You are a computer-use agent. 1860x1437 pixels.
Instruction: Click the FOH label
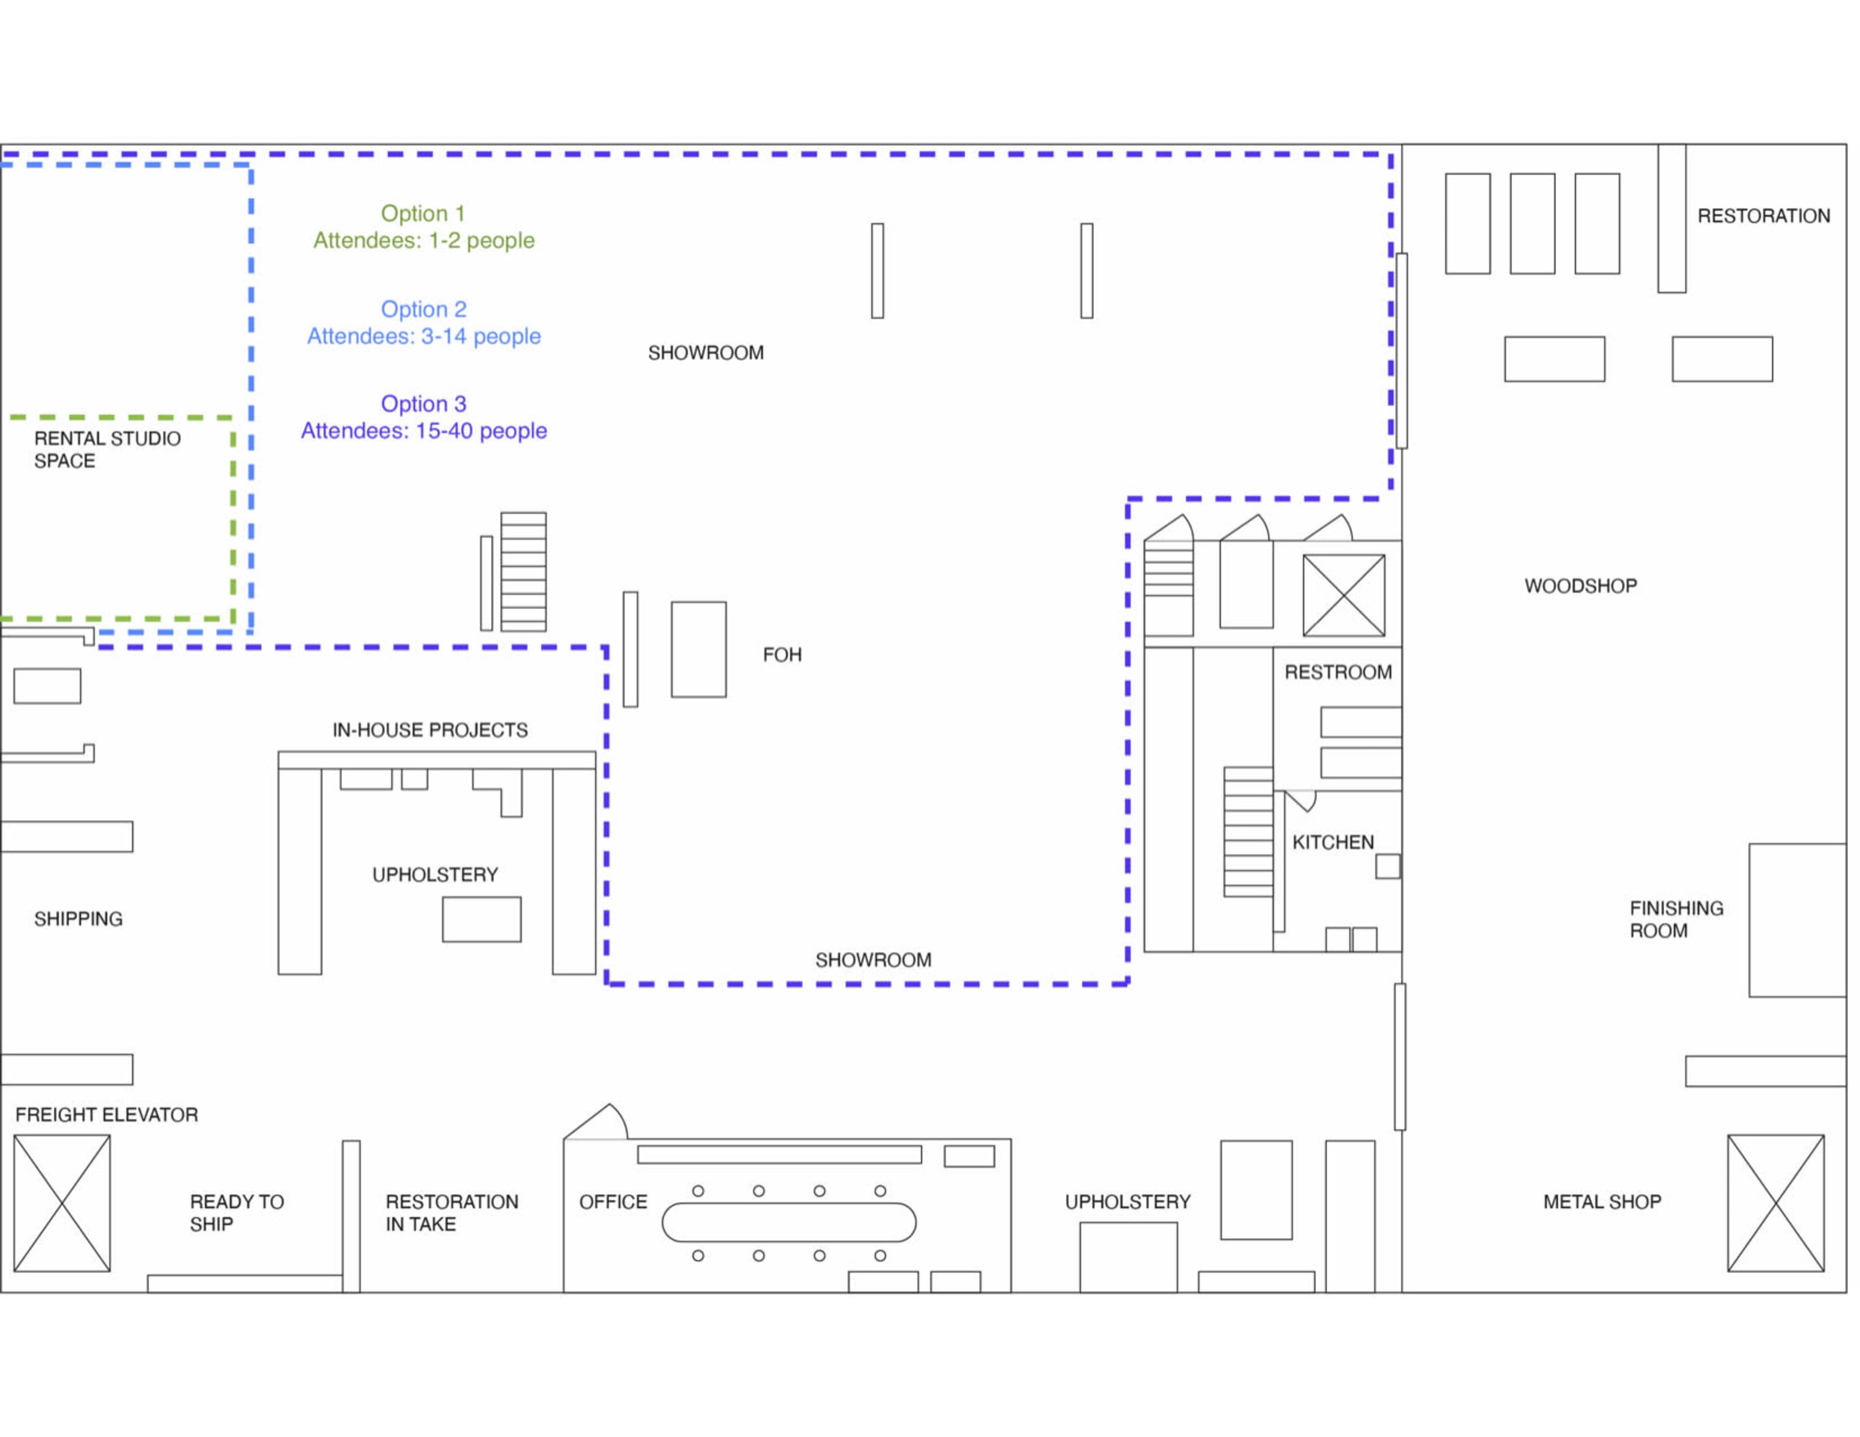coord(782,654)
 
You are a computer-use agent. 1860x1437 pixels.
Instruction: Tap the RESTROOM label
coord(1338,672)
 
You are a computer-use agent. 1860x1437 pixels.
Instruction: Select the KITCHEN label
coord(1333,842)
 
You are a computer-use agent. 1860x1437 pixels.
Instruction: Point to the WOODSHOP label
coord(1581,585)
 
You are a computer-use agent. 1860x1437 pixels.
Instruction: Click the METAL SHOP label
coord(1602,1201)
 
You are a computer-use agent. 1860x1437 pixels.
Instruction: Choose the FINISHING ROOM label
coord(1676,919)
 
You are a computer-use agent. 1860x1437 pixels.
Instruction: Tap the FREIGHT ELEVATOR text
coord(107,1114)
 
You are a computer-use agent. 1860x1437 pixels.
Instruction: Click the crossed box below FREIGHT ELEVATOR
coord(62,1203)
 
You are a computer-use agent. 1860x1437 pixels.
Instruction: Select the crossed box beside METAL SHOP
coord(1776,1203)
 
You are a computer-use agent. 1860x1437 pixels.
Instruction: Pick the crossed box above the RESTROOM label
coord(1344,595)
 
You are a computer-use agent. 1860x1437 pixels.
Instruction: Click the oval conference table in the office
coord(789,1222)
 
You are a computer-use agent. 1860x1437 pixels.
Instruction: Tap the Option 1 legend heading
coord(423,213)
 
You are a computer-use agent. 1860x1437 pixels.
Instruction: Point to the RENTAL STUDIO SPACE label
coord(108,449)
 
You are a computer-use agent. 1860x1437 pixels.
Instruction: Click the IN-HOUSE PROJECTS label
coord(430,730)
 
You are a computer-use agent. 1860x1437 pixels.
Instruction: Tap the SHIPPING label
coord(78,918)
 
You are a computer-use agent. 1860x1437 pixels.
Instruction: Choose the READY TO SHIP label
coord(237,1212)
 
